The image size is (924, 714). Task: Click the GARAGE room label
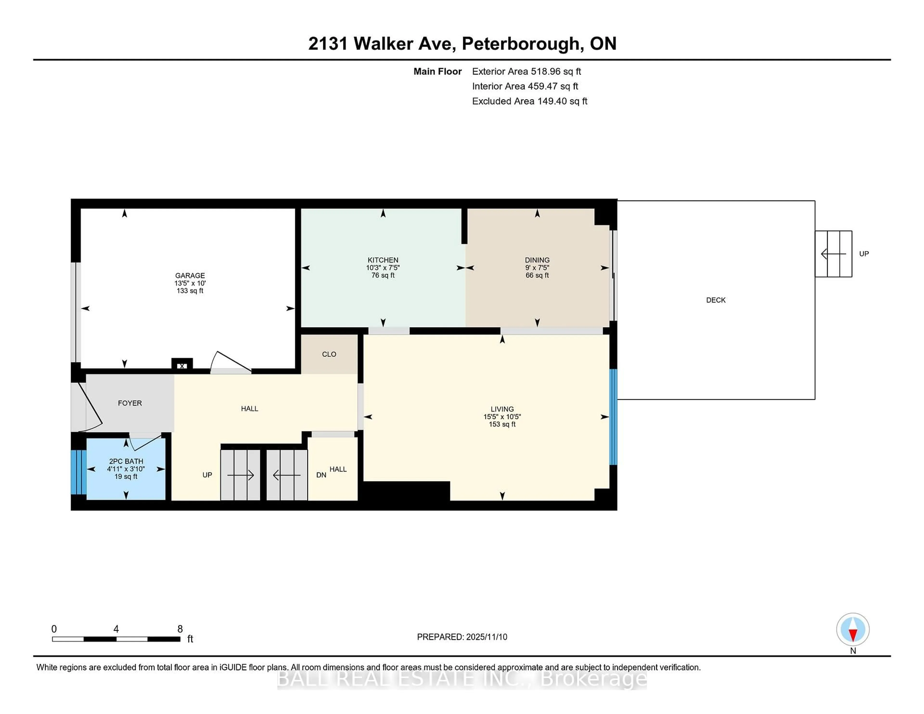190,275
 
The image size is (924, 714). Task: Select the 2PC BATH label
126,461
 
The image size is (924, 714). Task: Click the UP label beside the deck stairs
864,254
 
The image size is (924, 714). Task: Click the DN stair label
321,475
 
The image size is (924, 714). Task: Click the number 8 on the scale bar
180,629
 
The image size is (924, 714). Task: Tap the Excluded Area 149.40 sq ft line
529,101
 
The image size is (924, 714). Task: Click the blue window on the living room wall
613,417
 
